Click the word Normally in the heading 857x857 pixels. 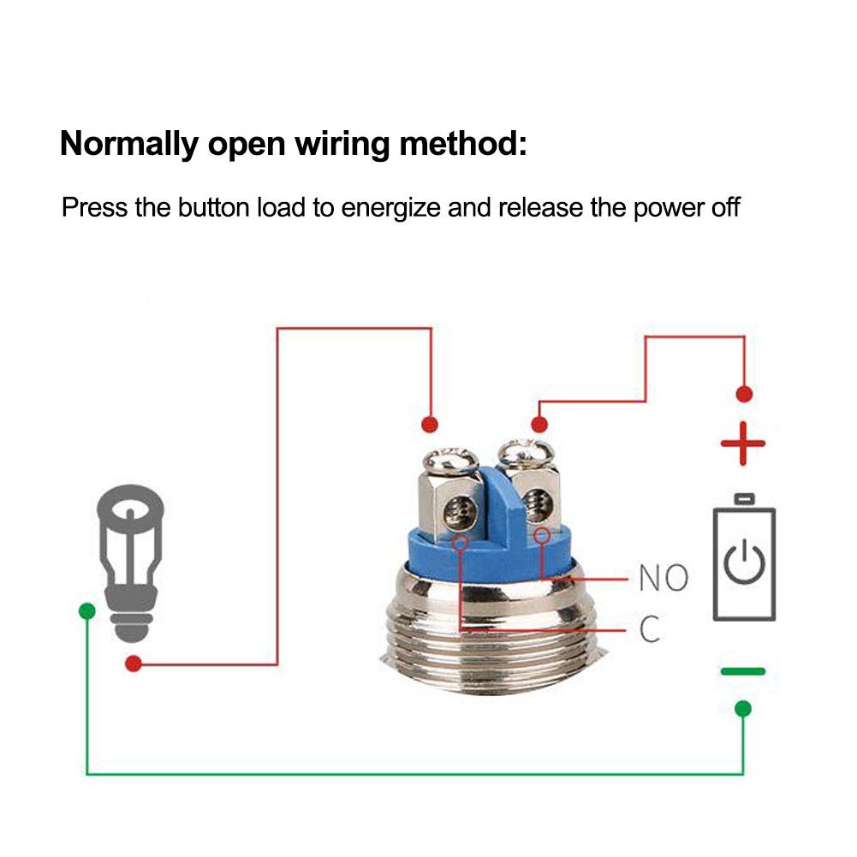[x=129, y=145]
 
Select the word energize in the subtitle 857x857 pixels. [x=390, y=208]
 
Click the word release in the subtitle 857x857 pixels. [x=540, y=207]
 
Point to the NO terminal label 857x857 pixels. [x=664, y=578]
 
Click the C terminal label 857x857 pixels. [x=650, y=629]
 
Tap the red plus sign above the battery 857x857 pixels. [x=743, y=443]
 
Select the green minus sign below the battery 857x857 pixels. [x=743, y=671]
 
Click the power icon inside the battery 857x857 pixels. [x=744, y=562]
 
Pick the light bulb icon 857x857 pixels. [x=131, y=562]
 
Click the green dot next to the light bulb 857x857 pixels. [x=87, y=610]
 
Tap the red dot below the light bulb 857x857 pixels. [x=134, y=664]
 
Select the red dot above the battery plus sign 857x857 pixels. [x=744, y=394]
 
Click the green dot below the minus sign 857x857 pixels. [x=743, y=709]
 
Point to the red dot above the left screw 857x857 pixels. [x=430, y=424]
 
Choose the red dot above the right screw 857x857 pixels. [x=539, y=424]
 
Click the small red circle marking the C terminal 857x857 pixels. [x=461, y=542]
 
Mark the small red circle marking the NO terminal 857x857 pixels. [x=542, y=536]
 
